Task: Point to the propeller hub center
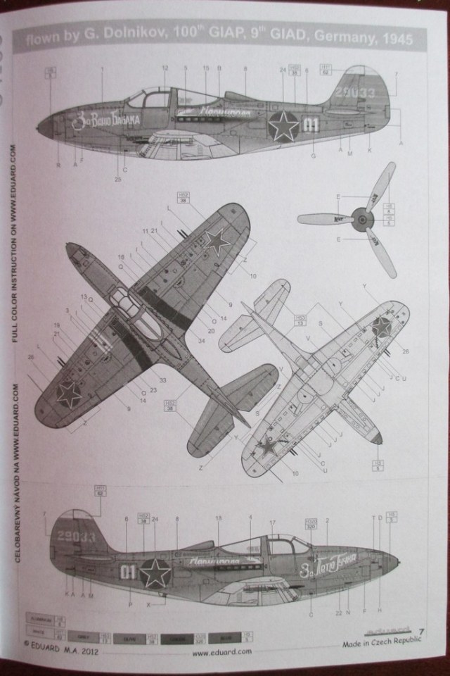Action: (x=361, y=220)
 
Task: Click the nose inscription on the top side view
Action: (x=106, y=121)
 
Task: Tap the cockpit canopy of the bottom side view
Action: (x=279, y=544)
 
